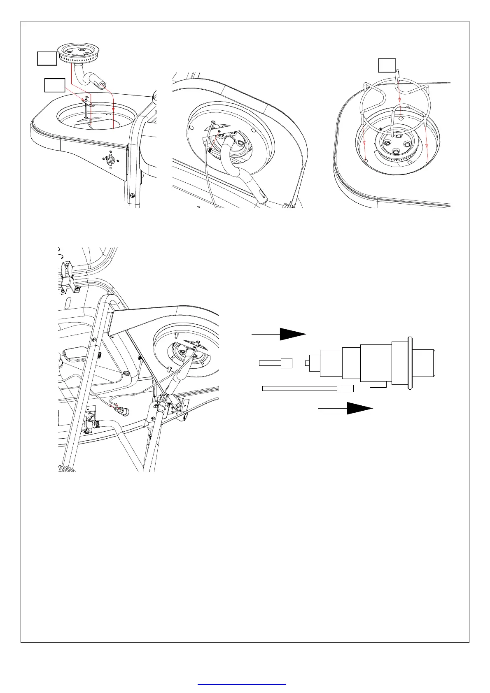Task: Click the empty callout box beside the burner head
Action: click(x=47, y=58)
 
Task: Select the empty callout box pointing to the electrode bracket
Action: click(x=54, y=85)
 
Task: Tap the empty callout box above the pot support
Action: click(x=387, y=66)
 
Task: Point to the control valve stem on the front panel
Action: click(x=110, y=160)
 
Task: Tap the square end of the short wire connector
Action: click(x=286, y=363)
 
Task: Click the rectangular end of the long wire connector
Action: click(x=345, y=388)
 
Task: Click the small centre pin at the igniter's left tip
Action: click(x=307, y=363)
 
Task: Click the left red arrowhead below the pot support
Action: click(x=365, y=143)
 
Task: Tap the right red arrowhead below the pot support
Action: click(x=427, y=146)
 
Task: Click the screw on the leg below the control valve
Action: click(x=132, y=195)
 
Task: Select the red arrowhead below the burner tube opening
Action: click(x=113, y=110)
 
